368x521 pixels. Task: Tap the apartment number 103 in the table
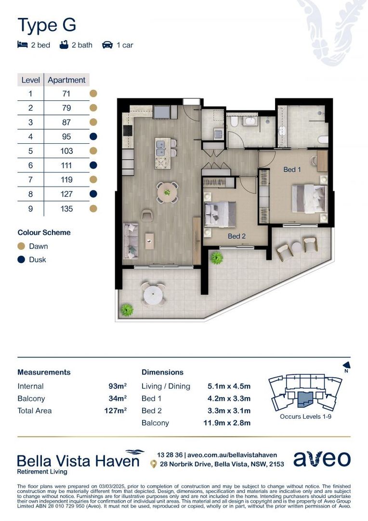66,151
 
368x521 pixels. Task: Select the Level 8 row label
30,194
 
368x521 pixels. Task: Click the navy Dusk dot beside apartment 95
93,137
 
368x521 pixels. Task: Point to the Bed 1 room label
292,170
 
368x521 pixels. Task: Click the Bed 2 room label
237,236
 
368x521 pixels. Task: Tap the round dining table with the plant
167,192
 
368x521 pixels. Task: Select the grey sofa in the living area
131,240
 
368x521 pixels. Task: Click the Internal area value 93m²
118,386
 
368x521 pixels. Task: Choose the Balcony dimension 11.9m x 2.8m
229,423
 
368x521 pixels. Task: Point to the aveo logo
322,459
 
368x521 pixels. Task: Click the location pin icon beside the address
153,464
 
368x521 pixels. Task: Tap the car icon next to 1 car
107,45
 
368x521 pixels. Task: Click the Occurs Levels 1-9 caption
304,416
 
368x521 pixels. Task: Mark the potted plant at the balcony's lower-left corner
127,309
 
